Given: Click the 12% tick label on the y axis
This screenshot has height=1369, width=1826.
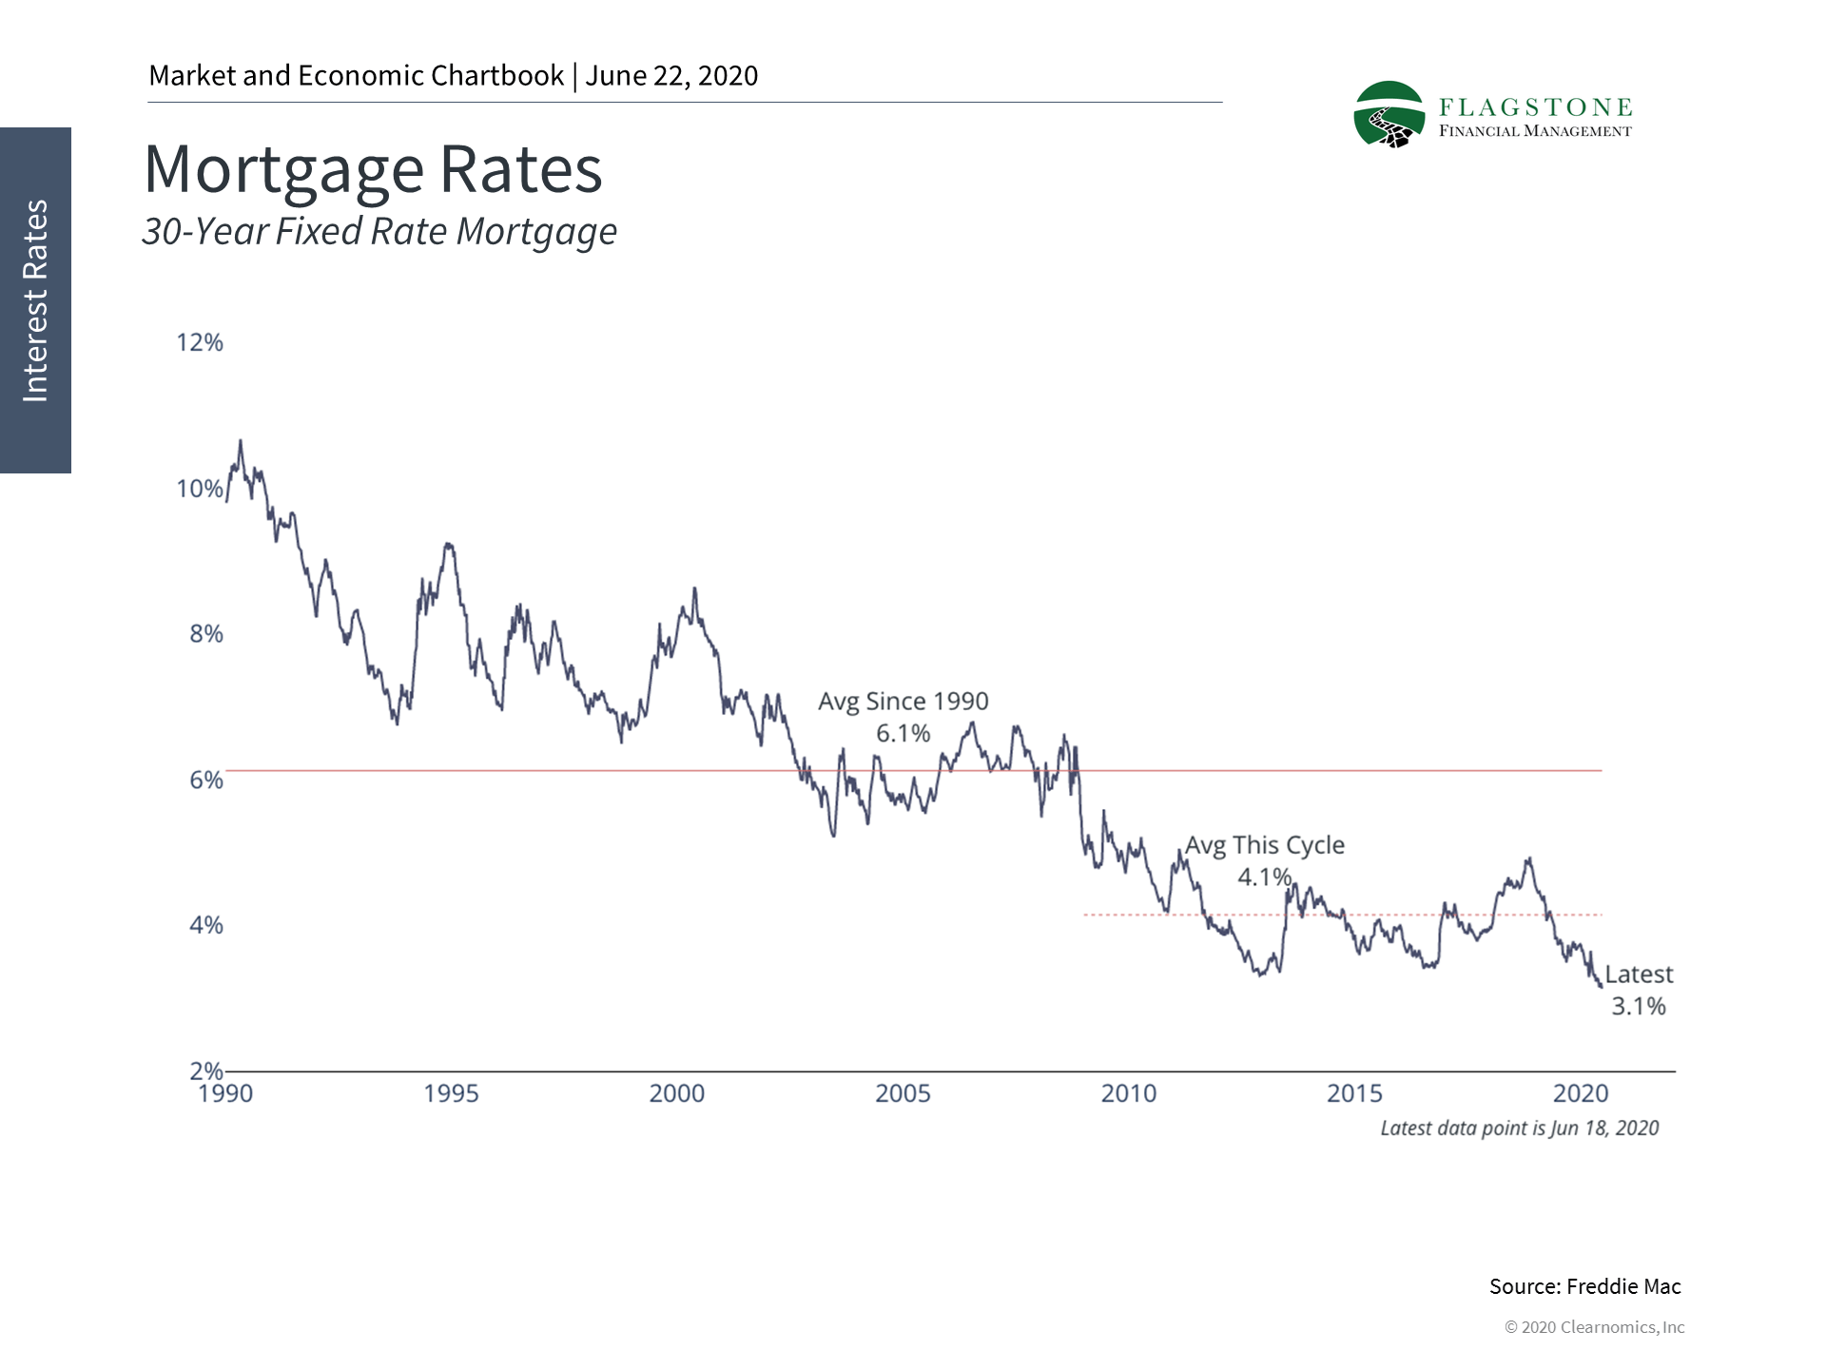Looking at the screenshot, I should pyautogui.click(x=200, y=342).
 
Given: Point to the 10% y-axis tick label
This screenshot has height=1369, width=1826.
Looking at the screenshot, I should pyautogui.click(x=200, y=489).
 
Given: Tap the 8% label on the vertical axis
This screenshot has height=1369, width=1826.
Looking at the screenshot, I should pyautogui.click(x=205, y=634).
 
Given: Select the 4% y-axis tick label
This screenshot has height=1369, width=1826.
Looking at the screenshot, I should pyautogui.click(x=205, y=925).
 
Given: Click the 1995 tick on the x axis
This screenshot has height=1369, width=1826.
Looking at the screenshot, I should pyautogui.click(x=451, y=1093).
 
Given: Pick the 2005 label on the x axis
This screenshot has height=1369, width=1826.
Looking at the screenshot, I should pyautogui.click(x=903, y=1093).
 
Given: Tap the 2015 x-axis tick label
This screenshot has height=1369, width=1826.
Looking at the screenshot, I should pyautogui.click(x=1354, y=1093).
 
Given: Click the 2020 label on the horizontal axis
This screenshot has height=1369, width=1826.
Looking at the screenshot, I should pyautogui.click(x=1581, y=1093).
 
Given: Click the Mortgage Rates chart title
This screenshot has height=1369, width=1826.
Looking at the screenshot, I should pyautogui.click(x=373, y=169).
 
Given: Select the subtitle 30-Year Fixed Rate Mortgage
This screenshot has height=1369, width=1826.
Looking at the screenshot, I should pyautogui.click(x=379, y=231).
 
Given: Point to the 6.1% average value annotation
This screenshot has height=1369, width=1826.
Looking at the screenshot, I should pyautogui.click(x=903, y=733).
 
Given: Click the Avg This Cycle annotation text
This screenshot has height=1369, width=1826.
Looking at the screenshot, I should pyautogui.click(x=1264, y=845).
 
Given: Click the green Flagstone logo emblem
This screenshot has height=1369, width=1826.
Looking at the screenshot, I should pyautogui.click(x=1389, y=115).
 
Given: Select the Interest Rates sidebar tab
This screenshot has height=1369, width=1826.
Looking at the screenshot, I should pyautogui.click(x=35, y=300).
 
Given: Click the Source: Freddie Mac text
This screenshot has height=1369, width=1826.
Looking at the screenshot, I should pyautogui.click(x=1584, y=1286).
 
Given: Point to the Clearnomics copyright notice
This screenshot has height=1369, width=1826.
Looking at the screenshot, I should pyautogui.click(x=1594, y=1327).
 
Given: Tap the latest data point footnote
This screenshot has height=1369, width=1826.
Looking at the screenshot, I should pyautogui.click(x=1519, y=1128).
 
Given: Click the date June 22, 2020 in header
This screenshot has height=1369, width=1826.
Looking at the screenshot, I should pyautogui.click(x=671, y=76).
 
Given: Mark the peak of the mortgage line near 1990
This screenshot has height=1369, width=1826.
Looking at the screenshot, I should pyautogui.click(x=240, y=441).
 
